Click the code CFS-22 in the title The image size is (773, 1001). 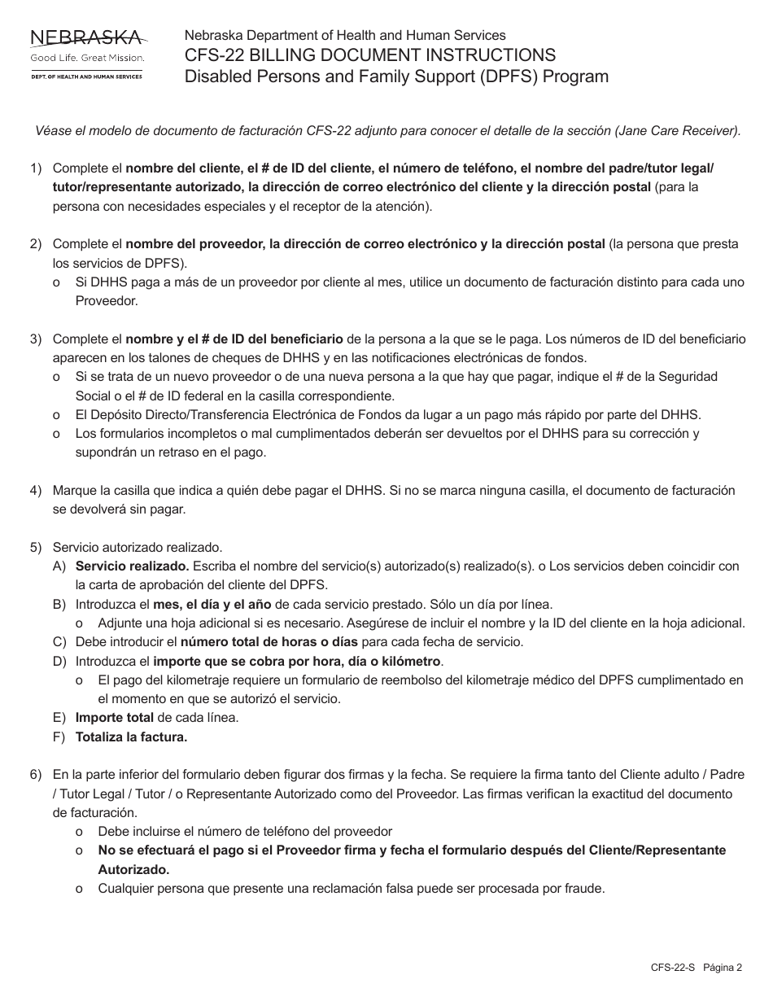pos(212,55)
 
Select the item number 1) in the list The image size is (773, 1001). pos(36,168)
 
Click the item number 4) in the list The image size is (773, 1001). pos(36,490)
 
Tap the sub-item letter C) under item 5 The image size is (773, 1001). pos(59,641)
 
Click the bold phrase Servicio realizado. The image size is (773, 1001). pos(132,566)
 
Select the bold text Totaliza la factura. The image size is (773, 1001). pos(131,737)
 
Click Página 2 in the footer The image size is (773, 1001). pos(723,968)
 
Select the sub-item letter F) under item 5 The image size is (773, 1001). pos(59,737)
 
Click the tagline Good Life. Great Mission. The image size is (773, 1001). pos(87,59)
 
